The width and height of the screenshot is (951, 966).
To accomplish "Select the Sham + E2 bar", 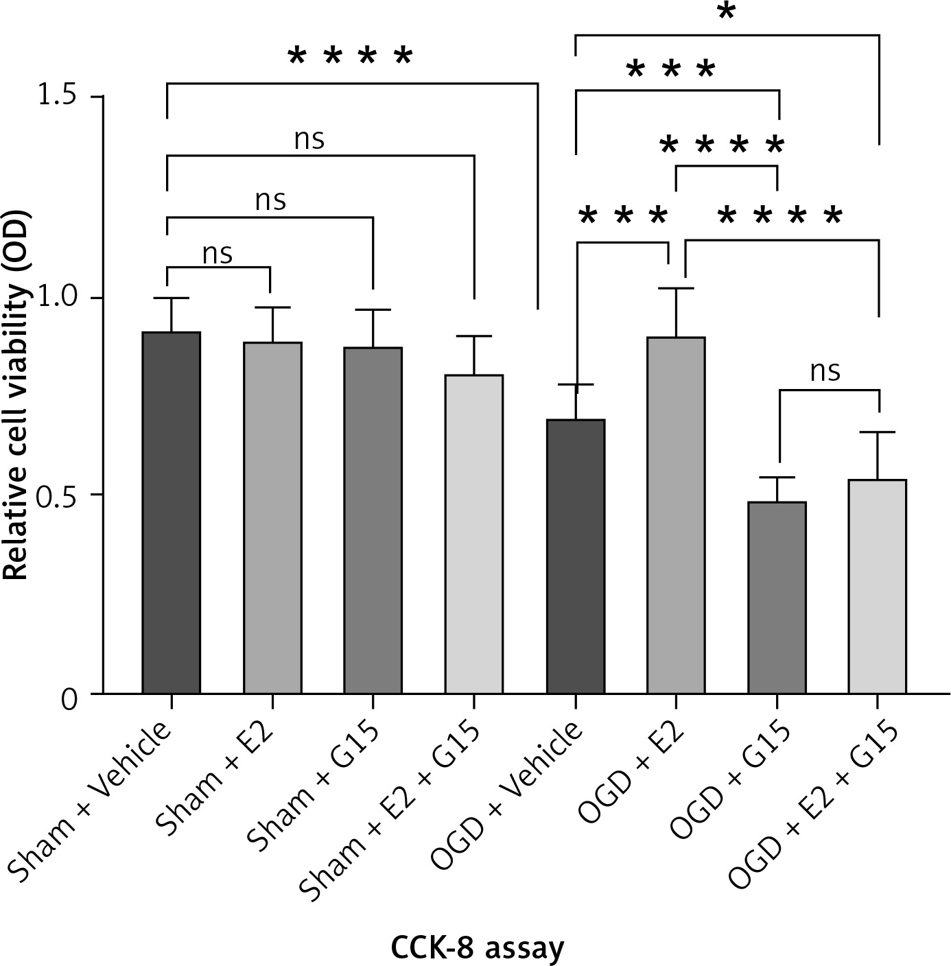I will [x=272, y=518].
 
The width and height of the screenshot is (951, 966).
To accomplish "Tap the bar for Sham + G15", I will [x=373, y=521].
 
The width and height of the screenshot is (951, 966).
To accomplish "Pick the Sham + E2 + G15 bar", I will [x=474, y=534].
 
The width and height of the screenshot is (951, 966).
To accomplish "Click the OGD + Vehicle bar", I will [x=575, y=556].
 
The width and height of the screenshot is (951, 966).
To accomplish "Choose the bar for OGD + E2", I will [x=676, y=515].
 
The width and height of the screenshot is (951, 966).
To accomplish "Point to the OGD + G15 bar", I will [x=777, y=598].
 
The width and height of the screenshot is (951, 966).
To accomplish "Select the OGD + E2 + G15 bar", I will [x=878, y=587].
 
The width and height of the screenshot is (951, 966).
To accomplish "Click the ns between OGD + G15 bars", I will [x=825, y=371].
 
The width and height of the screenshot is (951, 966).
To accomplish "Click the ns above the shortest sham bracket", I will [x=218, y=254].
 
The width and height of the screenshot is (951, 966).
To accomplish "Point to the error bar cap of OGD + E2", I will [x=676, y=288].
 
